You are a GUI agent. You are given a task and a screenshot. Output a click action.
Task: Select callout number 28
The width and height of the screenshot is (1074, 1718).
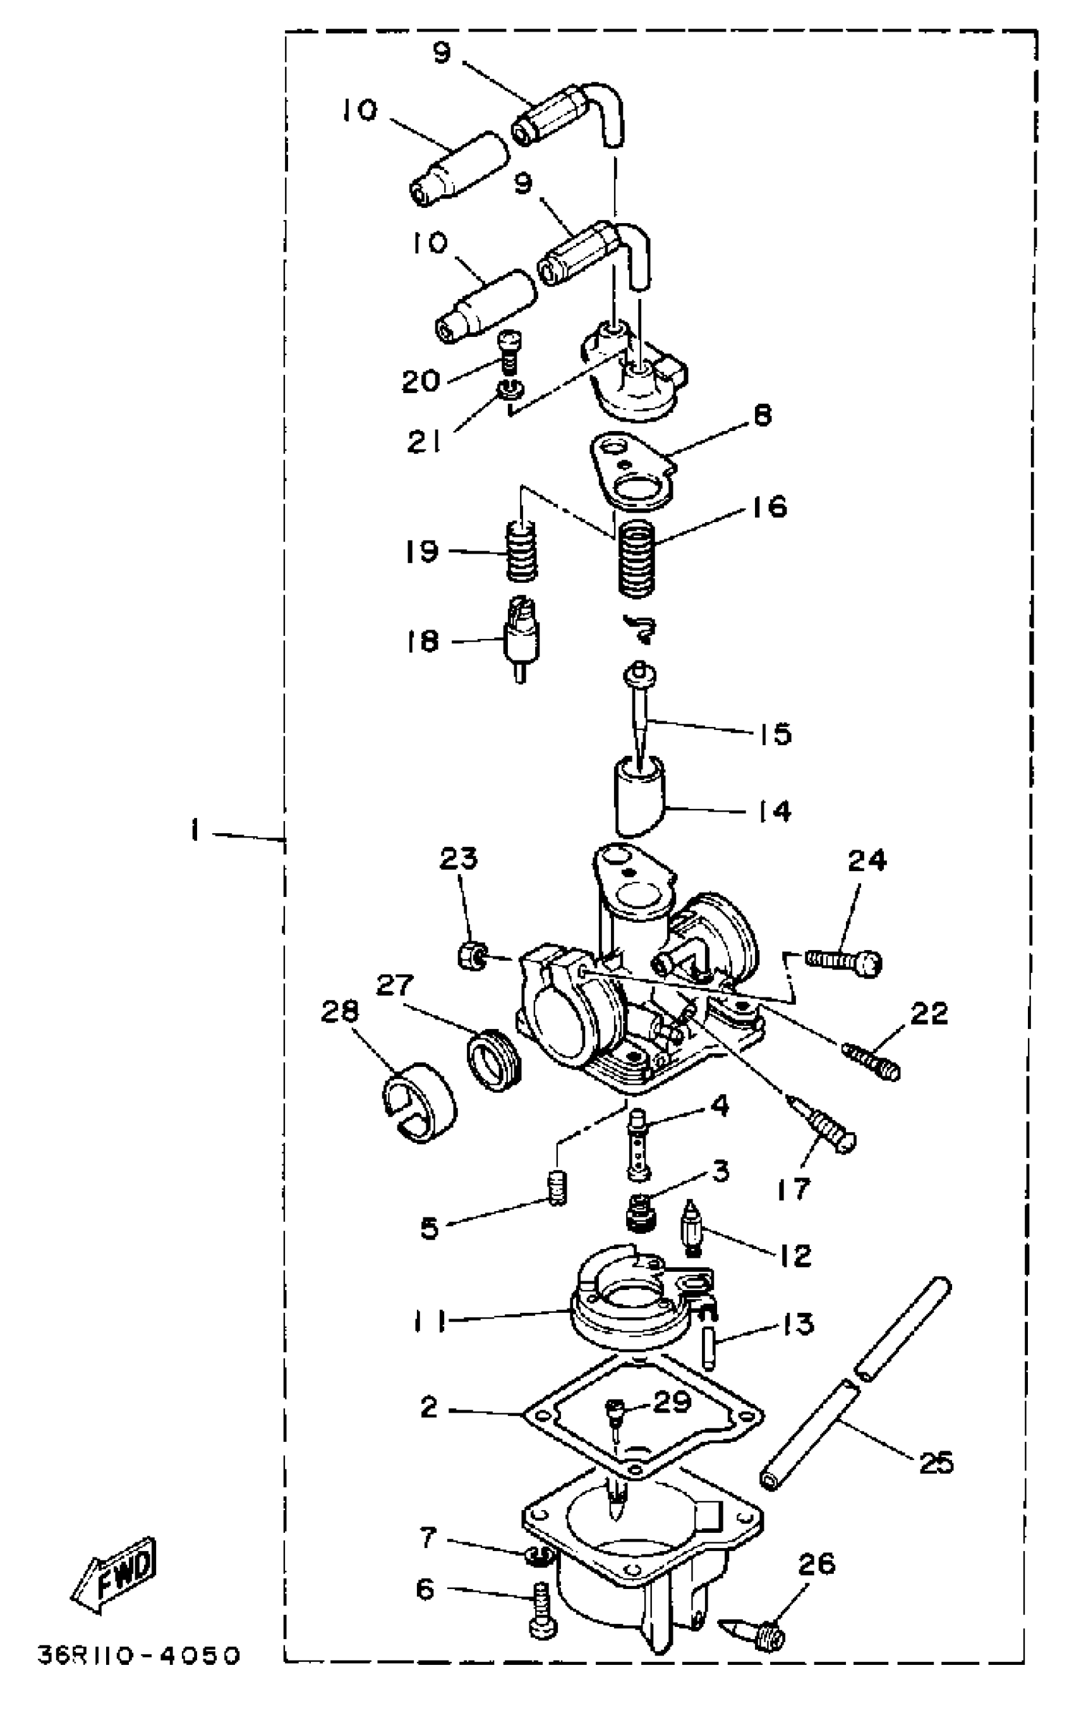point(339,1012)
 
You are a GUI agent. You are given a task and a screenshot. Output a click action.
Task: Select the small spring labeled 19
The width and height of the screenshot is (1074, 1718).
point(521,551)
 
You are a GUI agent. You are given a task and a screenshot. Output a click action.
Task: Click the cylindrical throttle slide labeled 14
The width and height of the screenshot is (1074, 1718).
point(639,796)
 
